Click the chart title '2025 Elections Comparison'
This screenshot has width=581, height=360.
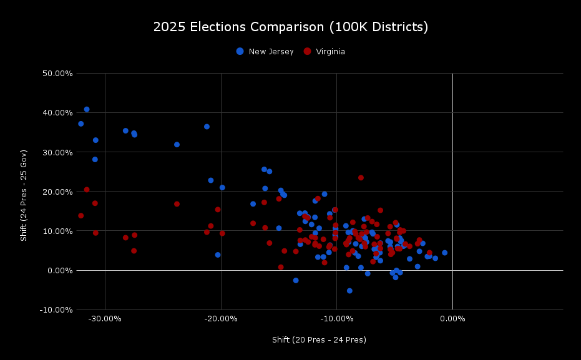tap(290, 27)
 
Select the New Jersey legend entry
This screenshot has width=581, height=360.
tap(265, 52)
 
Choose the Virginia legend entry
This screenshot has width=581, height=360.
tap(324, 52)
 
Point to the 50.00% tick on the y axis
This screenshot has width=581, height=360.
tap(56, 74)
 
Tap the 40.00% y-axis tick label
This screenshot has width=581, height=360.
tap(56, 113)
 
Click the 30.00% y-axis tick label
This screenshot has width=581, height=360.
tap(56, 152)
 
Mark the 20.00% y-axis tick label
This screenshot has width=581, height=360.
tap(56, 192)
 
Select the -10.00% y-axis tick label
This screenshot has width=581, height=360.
tap(54, 309)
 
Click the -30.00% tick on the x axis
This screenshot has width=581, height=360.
tap(105, 319)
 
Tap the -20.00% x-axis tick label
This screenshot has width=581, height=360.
tap(221, 319)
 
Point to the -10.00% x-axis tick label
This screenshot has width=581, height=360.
tap(337, 319)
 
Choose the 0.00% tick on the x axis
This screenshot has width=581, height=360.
tap(452, 319)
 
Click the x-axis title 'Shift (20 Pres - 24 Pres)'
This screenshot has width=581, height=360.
tap(319, 340)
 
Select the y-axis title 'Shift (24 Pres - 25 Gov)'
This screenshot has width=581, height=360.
tap(24, 195)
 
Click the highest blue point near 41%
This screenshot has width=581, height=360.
tap(87, 109)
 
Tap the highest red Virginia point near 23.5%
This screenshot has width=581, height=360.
tap(361, 178)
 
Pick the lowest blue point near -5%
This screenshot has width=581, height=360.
tap(349, 291)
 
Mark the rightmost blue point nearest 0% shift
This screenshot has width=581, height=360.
tap(444, 253)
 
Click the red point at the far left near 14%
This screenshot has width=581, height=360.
tap(81, 216)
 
